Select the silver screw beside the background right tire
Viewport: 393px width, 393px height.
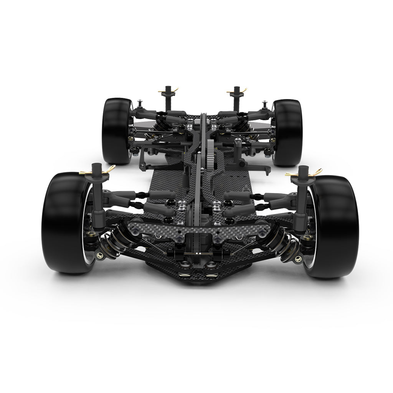click(x=264, y=103)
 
